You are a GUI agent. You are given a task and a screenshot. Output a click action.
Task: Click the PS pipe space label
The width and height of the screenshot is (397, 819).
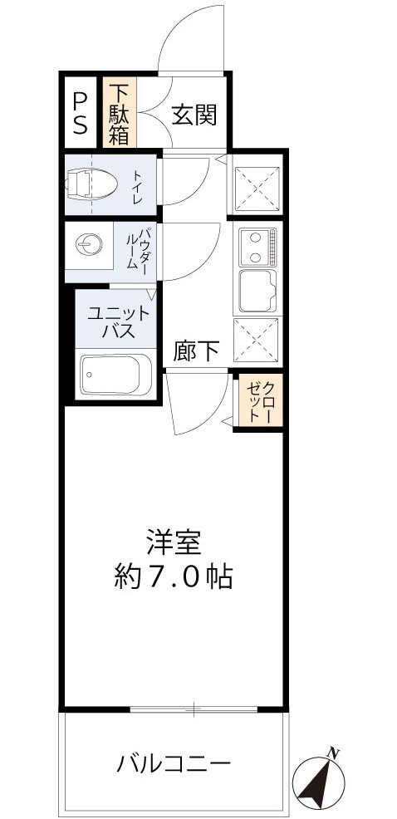(x=80, y=113)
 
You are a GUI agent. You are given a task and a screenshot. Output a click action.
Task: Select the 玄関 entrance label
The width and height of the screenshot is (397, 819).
(x=194, y=115)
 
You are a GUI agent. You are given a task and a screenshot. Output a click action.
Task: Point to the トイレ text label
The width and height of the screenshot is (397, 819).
(x=137, y=189)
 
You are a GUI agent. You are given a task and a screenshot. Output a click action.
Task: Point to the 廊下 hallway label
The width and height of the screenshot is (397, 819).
(x=197, y=352)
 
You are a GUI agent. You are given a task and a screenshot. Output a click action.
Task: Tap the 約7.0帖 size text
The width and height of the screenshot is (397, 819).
(x=173, y=576)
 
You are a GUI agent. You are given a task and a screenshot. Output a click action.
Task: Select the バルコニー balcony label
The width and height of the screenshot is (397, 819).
(x=173, y=762)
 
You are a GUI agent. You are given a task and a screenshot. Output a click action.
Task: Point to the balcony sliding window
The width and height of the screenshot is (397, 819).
(x=194, y=709)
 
